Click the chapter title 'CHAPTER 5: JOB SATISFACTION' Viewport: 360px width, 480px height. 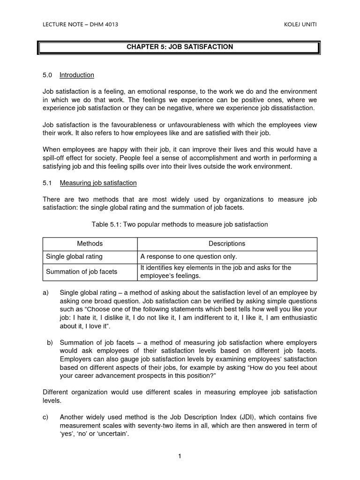pyautogui.click(x=180, y=47)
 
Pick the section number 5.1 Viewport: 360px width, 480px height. pyautogui.click(x=47, y=183)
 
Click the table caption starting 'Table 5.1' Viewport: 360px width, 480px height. pyautogui.click(x=180, y=225)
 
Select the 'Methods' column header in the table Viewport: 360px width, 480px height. pyautogui.click(x=90, y=244)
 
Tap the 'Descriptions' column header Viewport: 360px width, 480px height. pyautogui.click(x=227, y=244)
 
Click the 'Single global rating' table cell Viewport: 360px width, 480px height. pyautogui.click(x=74, y=256)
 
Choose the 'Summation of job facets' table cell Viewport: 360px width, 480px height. pyautogui.click(x=82, y=271)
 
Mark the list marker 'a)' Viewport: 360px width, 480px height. pyautogui.click(x=46, y=292)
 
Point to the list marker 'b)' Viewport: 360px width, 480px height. pyautogui.click(x=50, y=343)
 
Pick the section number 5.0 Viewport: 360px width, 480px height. pyautogui.click(x=47, y=75)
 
